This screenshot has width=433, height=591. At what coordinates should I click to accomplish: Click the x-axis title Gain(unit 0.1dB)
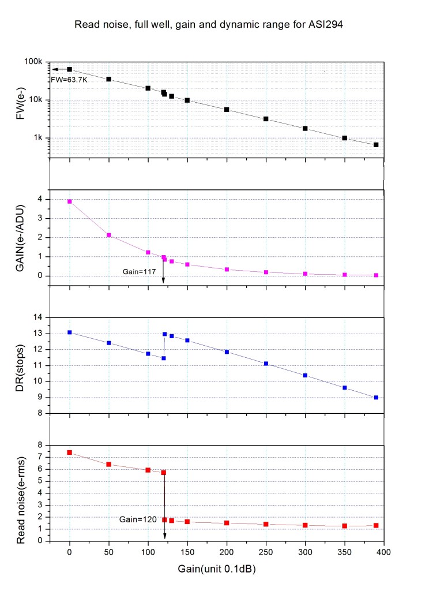tap(217, 569)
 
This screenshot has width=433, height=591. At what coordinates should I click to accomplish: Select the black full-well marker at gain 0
tap(70, 69)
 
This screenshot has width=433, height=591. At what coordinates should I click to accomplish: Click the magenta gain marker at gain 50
tap(108, 235)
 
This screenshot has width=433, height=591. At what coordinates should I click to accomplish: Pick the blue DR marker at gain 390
tap(376, 397)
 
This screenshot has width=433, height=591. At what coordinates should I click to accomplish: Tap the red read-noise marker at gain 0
tap(70, 452)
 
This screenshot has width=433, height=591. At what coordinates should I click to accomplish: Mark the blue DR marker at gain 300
tap(305, 375)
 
